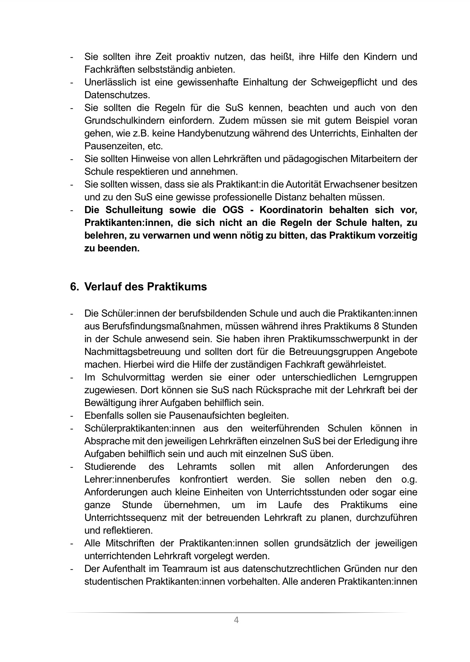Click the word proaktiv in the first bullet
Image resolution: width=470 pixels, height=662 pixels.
pyautogui.click(x=193, y=57)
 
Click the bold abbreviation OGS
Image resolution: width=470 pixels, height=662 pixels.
pyautogui.click(x=233, y=210)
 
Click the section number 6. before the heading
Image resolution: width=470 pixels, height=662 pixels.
pyautogui.click(x=74, y=287)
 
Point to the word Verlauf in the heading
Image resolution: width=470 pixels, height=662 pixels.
pyautogui.click(x=103, y=287)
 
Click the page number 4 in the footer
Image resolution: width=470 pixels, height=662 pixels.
pyautogui.click(x=236, y=620)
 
